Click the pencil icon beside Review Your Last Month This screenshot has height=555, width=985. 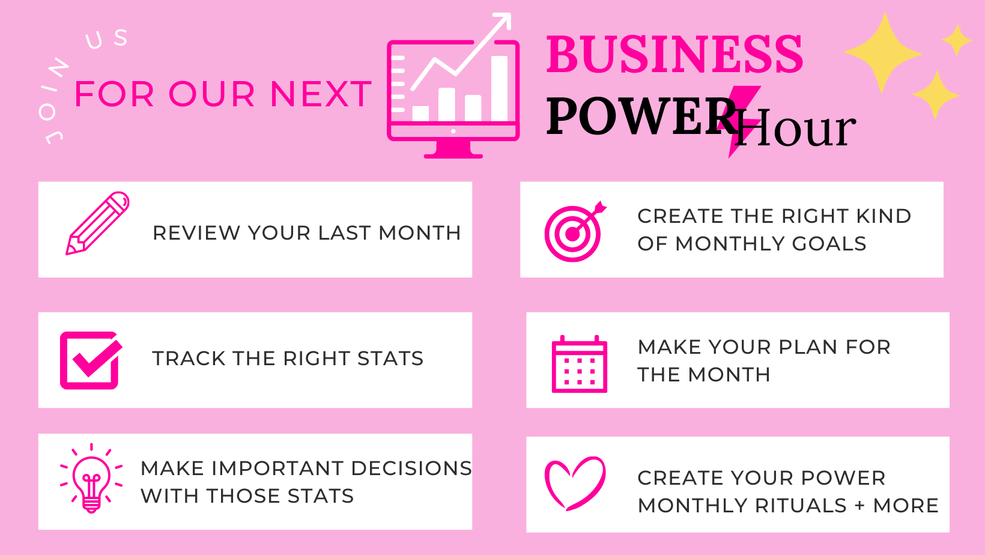click(x=97, y=223)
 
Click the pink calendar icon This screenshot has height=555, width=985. click(x=580, y=364)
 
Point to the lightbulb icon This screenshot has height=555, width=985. click(x=91, y=478)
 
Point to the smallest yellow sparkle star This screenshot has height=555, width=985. click(x=956, y=40)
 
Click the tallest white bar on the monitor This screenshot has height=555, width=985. click(x=499, y=88)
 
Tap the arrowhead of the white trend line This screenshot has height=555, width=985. click(x=504, y=19)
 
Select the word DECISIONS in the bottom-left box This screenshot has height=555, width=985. click(x=411, y=469)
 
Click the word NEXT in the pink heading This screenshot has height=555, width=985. click(x=321, y=94)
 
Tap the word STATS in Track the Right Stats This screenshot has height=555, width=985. click(x=390, y=359)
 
